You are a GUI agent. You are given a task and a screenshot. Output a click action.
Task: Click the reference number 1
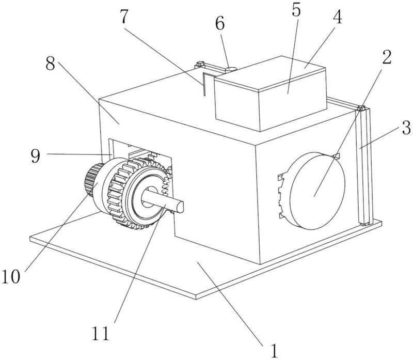(274, 351)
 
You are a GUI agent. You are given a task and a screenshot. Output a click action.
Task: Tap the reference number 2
(386, 57)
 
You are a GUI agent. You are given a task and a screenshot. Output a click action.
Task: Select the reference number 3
(406, 128)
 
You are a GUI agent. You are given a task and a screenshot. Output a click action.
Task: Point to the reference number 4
(338, 17)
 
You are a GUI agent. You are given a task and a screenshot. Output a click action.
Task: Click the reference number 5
(296, 10)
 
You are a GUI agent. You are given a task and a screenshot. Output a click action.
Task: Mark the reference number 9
(35, 155)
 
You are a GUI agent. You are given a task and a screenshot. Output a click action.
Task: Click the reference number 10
(11, 276)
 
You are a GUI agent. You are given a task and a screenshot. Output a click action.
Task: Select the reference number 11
(100, 333)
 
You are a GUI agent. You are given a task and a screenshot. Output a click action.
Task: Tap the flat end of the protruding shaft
(180, 207)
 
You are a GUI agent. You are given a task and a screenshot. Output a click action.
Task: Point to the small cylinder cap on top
(231, 70)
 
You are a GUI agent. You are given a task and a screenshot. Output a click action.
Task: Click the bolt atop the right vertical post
(361, 108)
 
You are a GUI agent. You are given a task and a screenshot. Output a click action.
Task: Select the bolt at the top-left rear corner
(200, 64)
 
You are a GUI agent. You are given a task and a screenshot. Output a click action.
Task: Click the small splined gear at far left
(93, 180)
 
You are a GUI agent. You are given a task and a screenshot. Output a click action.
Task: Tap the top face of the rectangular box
(271, 73)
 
